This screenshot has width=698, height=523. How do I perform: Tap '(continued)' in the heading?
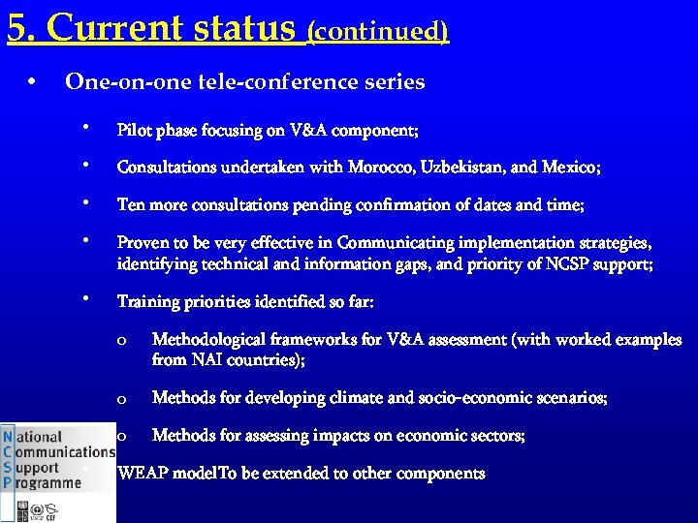pyautogui.click(x=377, y=32)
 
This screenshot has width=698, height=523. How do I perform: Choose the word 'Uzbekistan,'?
pyautogui.click(x=462, y=168)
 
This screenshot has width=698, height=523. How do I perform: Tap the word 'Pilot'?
pyautogui.click(x=132, y=130)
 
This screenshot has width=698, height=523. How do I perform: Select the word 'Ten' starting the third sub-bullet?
pyautogui.click(x=129, y=205)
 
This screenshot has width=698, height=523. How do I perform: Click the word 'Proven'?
pyautogui.click(x=141, y=243)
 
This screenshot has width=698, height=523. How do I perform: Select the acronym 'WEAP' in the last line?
pyautogui.click(x=140, y=474)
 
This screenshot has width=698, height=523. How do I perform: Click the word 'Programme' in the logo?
pyautogui.click(x=49, y=482)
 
